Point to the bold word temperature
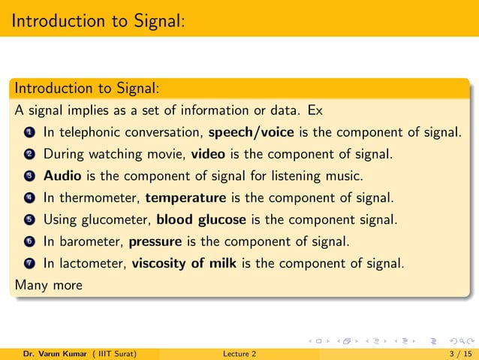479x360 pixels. tap(185, 198)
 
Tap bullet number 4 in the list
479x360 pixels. tap(29, 199)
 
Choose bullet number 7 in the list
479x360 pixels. tap(29, 265)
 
